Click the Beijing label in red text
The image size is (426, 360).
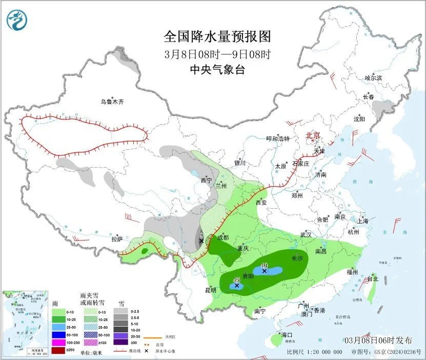coord(313,135)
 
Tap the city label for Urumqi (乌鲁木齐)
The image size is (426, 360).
coord(112,102)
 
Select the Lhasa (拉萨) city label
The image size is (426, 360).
coord(117,238)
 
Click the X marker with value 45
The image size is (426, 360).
coord(237,286)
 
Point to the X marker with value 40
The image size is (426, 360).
coord(265,271)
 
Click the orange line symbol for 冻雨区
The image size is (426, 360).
coord(150,337)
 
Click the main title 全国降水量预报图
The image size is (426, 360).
coord(217,36)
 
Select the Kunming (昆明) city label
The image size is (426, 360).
coord(211,290)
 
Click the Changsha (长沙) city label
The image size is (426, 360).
coord(297,258)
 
